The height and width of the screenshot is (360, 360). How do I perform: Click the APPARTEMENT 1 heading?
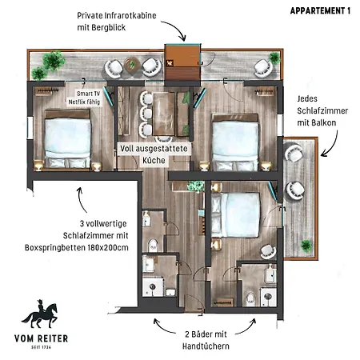320,10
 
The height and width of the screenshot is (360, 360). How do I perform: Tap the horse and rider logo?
40,314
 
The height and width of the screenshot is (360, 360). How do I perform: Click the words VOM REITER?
42,338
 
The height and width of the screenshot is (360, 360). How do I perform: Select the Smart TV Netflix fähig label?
84,98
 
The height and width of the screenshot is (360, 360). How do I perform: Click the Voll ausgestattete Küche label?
154,154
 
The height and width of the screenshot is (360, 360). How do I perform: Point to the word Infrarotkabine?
130,15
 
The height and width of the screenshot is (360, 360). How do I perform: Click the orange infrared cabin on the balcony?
182,62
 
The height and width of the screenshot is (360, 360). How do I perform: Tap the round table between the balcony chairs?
132,64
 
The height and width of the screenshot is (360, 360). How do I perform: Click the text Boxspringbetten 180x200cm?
77,247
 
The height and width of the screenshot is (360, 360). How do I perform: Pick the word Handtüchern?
206,346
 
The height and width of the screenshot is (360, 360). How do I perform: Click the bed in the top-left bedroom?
67,139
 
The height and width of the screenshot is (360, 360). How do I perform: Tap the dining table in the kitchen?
163,114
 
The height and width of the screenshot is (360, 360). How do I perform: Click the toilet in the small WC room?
153,245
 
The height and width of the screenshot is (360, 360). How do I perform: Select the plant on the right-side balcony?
306,246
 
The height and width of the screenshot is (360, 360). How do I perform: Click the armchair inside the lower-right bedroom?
268,251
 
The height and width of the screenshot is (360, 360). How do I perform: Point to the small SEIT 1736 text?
41,347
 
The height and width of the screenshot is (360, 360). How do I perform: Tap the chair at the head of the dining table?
163,139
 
